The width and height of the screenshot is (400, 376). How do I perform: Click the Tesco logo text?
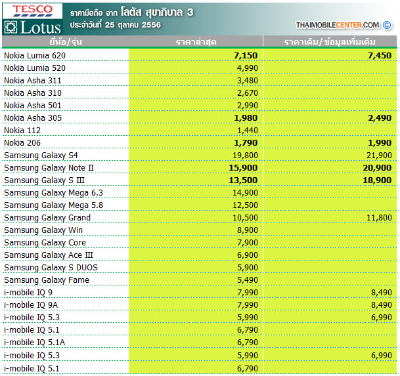click(33, 9)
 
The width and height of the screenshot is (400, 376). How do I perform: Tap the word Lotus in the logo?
click(41, 28)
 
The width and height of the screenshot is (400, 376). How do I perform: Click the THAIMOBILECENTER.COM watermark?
click(337, 25)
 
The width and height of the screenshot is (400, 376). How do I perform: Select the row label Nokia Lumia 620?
click(35, 56)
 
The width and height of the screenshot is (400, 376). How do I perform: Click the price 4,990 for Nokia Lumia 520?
click(248, 68)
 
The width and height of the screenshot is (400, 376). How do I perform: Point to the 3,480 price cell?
click(248, 81)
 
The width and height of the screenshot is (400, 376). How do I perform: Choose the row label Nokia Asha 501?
click(33, 106)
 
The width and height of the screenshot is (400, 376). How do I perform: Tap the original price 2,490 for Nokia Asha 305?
click(380, 118)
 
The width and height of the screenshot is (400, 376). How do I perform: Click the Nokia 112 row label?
click(22, 131)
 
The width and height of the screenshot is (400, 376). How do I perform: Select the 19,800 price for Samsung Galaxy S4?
click(245, 156)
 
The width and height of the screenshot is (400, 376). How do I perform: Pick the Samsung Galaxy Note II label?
click(49, 168)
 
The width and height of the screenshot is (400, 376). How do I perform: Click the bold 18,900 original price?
click(377, 180)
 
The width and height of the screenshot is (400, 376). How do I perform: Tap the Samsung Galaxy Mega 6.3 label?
click(53, 193)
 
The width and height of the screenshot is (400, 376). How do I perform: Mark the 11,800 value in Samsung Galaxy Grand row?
click(379, 218)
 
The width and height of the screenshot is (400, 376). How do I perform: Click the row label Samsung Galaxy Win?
click(43, 230)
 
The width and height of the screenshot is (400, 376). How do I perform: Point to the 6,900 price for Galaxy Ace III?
click(248, 255)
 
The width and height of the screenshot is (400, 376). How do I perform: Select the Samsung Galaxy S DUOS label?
click(51, 268)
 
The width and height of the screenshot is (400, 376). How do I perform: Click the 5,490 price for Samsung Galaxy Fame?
click(248, 280)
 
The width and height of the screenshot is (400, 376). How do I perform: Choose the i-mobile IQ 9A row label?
click(31, 305)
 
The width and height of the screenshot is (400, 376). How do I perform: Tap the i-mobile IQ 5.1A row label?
click(34, 343)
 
